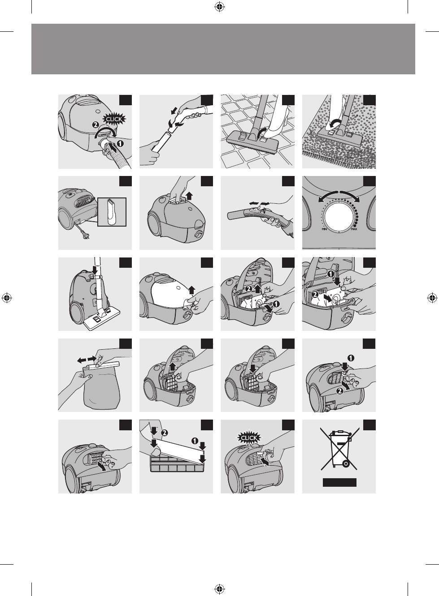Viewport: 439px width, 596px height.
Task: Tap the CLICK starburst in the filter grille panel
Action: pos(248,437)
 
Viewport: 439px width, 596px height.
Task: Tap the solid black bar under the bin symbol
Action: pos(339,482)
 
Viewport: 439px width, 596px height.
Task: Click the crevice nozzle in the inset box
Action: pos(112,212)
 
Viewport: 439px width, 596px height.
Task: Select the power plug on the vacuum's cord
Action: pos(84,236)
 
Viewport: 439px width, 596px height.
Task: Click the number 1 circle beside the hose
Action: pos(120,144)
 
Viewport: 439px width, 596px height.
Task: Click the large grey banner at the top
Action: pos(223,49)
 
